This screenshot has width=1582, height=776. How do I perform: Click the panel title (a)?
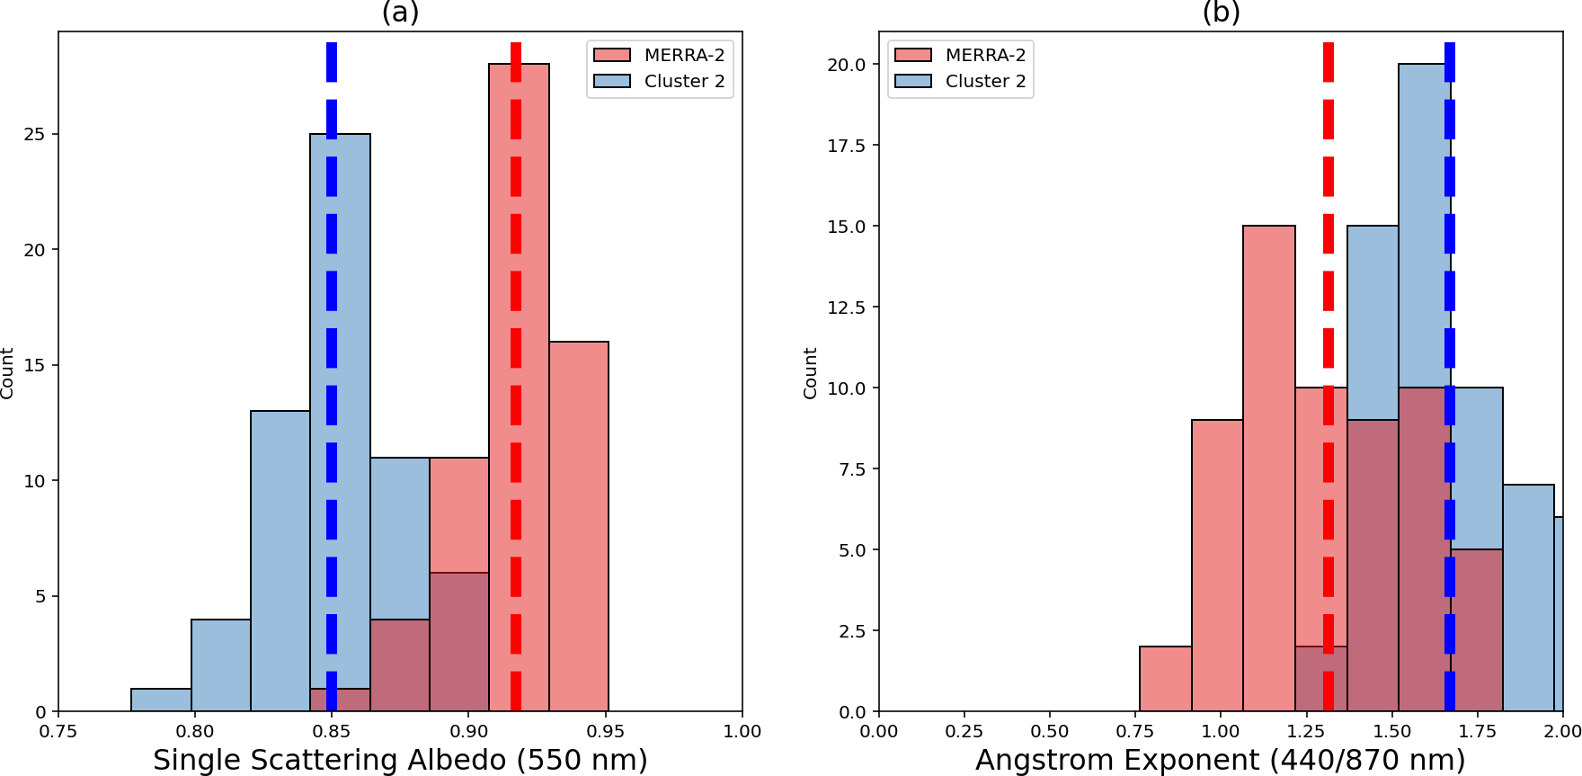click(400, 13)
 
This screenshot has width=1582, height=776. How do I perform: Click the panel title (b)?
click(1221, 13)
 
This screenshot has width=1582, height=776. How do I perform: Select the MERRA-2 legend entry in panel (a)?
click(683, 56)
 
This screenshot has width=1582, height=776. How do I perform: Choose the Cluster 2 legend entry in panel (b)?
click(984, 82)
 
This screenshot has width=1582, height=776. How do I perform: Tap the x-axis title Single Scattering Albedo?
click(400, 761)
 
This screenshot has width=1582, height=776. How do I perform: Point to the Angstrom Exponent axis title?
click(1220, 761)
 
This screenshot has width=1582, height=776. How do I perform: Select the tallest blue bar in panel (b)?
click(1420, 225)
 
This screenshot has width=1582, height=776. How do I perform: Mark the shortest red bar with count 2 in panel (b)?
click(1165, 679)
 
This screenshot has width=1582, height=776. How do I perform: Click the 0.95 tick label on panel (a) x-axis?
click(606, 732)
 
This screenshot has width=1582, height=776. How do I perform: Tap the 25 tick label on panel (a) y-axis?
click(34, 135)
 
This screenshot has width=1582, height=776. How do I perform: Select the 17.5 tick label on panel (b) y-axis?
click(847, 146)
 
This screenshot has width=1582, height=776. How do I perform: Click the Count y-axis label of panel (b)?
click(810, 372)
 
